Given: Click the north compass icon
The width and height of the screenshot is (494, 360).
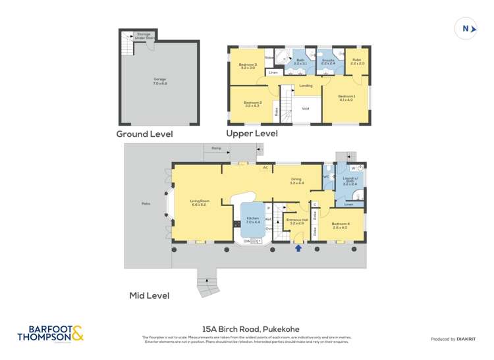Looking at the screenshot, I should (466, 28).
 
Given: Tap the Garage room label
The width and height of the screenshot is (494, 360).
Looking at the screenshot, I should (159, 81).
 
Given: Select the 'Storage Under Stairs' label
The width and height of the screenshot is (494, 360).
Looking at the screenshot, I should (144, 36).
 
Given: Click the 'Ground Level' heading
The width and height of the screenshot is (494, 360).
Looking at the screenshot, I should (144, 134).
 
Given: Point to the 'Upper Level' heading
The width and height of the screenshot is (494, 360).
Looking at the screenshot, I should (252, 134).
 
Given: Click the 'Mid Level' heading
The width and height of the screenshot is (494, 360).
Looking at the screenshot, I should (149, 296).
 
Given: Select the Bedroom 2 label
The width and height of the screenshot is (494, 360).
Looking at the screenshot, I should (253, 104).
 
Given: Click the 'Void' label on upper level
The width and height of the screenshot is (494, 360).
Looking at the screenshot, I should (305, 109).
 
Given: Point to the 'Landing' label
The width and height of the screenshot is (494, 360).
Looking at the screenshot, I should (306, 86).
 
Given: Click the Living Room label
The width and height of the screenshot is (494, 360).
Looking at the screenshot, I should (199, 203).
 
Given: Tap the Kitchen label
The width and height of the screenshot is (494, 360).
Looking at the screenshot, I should (253, 220).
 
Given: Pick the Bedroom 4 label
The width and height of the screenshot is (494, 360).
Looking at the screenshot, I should (340, 226).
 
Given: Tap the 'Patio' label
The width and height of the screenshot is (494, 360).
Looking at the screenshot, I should (146, 203).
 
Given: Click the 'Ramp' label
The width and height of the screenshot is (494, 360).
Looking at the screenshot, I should (216, 148).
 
